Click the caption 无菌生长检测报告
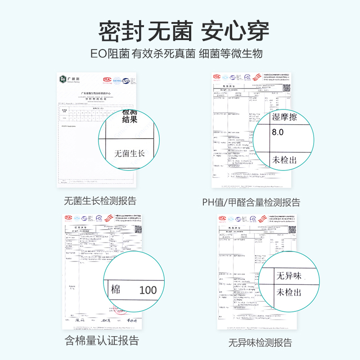100,201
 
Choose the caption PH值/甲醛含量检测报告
251,202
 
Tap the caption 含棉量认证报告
102,340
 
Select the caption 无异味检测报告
260,342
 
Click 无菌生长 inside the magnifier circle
129,154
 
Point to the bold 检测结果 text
130,117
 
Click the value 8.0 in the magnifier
278,132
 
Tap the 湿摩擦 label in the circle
285,118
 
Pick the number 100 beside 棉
148,290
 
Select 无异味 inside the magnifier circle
289,275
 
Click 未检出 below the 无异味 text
289,292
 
